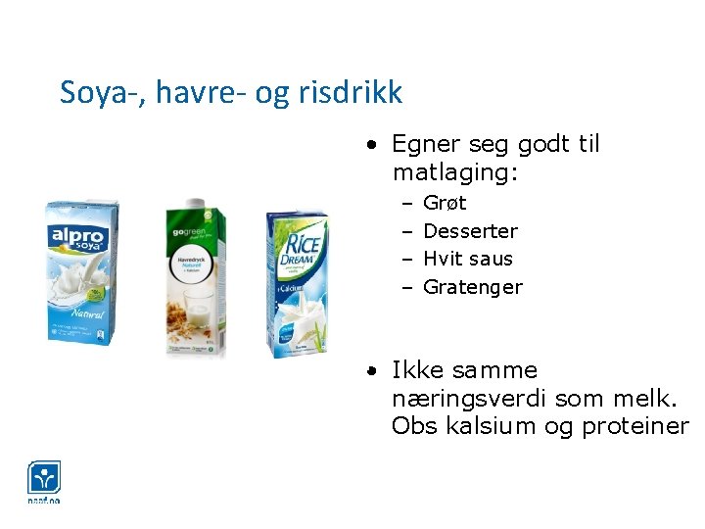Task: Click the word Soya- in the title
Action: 95,92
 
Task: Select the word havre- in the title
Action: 191,92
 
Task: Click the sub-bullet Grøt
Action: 445,203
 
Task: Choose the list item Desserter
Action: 470,231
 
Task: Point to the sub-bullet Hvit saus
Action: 467,259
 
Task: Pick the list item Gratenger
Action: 472,287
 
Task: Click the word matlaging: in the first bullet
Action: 455,172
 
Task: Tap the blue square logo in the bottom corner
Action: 43,479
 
